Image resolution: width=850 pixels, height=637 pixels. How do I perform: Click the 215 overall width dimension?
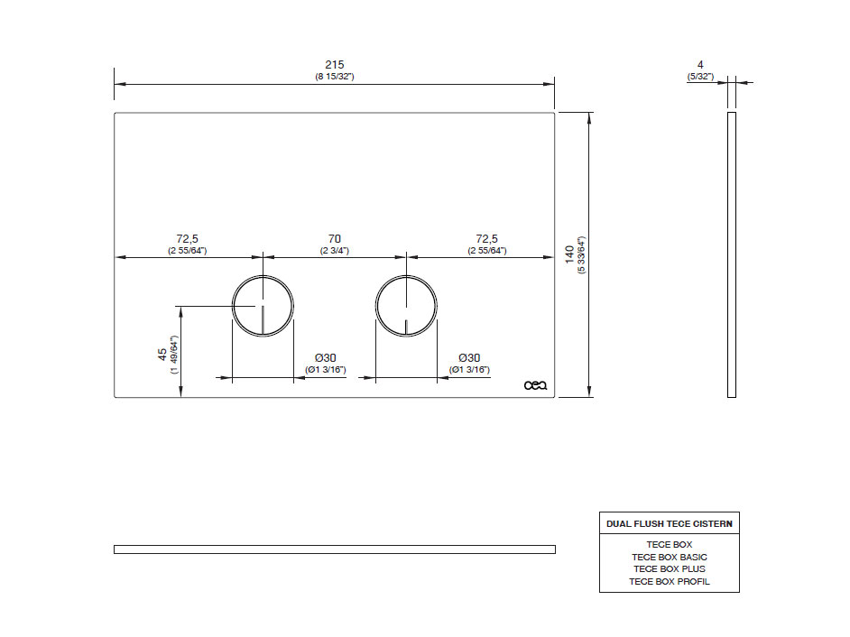pos(335,65)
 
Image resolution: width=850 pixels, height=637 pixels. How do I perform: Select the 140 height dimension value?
pos(569,254)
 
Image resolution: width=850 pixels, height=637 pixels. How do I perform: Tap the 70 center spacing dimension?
pos(335,238)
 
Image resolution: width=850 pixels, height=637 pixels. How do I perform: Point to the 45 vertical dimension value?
pos(162,355)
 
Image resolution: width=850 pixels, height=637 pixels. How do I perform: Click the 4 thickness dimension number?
pos(700,65)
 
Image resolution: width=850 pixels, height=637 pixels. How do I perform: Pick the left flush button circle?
pos(233,306)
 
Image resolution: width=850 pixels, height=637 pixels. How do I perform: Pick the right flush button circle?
pos(375,306)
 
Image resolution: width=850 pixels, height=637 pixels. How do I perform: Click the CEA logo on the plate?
pos(536,385)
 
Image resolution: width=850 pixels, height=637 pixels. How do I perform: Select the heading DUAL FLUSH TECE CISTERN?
pos(670,523)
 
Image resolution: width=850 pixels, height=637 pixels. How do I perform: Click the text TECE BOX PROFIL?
pos(670,582)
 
